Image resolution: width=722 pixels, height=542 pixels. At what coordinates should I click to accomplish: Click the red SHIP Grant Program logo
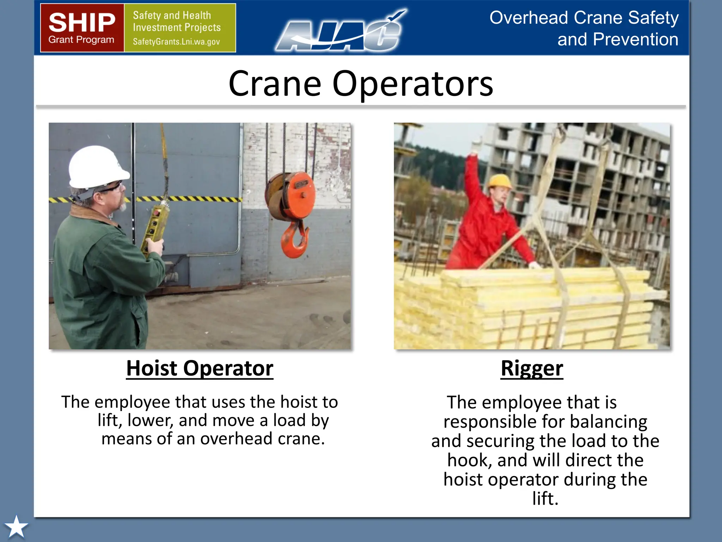pyautogui.click(x=82, y=28)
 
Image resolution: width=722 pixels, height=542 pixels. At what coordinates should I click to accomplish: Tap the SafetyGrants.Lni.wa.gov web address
pyautogui.click(x=176, y=42)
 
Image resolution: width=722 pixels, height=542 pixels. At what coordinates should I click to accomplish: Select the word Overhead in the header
pyautogui.click(x=528, y=18)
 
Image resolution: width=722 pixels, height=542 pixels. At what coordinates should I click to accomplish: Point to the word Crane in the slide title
pyautogui.click(x=275, y=84)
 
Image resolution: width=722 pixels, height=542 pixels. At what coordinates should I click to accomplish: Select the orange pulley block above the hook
pyautogui.click(x=291, y=196)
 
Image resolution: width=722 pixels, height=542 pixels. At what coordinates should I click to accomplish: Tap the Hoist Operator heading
pyautogui.click(x=200, y=368)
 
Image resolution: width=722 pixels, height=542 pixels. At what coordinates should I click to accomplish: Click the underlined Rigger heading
pyautogui.click(x=532, y=368)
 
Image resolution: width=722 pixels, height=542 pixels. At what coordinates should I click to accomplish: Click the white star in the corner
pyautogui.click(x=16, y=527)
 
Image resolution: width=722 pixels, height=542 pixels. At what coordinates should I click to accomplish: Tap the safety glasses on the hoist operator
pyautogui.click(x=112, y=187)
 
